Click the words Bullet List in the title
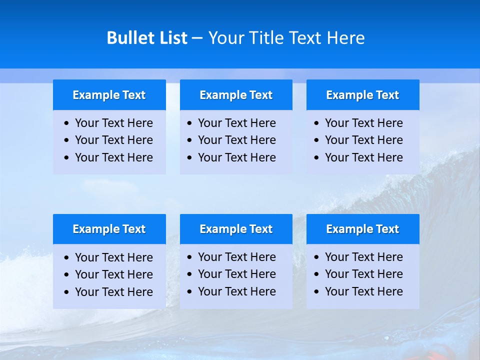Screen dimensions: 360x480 click(x=147, y=38)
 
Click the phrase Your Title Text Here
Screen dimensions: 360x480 click(x=286, y=38)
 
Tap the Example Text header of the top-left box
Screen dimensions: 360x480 click(x=109, y=95)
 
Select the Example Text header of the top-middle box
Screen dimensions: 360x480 click(x=236, y=95)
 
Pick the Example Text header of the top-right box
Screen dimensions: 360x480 click(x=362, y=95)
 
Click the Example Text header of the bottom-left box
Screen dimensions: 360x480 click(x=109, y=229)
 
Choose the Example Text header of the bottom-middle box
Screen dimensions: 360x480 click(x=236, y=229)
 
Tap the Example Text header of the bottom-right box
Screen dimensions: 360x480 click(x=362, y=229)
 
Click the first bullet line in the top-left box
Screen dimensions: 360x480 click(x=113, y=123)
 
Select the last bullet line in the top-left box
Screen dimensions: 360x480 click(x=113, y=157)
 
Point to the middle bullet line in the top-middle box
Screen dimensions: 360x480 click(x=236, y=140)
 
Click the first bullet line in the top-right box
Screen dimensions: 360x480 click(x=363, y=123)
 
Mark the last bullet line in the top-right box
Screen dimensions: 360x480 click(x=363, y=157)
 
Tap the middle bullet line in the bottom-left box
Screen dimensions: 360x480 click(x=113, y=274)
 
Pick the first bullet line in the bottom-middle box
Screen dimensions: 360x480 click(x=236, y=257)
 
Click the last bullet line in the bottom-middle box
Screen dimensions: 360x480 click(x=236, y=291)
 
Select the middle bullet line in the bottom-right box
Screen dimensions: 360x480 click(x=363, y=274)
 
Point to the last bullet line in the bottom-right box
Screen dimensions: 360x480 click(x=363, y=291)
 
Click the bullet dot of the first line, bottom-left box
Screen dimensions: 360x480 click(x=67, y=258)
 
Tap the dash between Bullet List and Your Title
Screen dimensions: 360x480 click(x=197, y=38)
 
